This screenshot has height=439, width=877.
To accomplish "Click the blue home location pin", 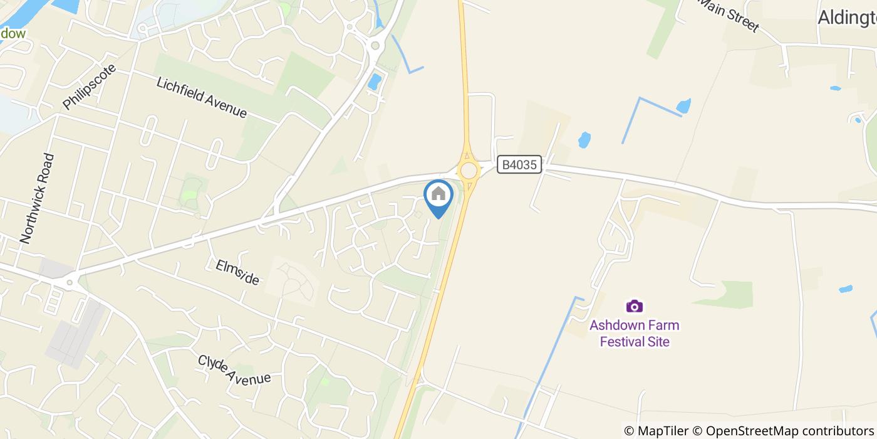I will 438,198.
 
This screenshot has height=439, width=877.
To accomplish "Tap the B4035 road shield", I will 519,165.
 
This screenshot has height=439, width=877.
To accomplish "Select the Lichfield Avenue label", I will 202,97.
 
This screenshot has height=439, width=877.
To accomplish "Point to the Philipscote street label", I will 90,87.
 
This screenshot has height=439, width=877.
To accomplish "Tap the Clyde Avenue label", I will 234,369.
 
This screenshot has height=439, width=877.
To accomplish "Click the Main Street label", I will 728,15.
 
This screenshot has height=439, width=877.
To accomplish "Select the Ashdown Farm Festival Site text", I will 635,333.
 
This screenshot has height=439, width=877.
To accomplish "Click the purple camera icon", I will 635,306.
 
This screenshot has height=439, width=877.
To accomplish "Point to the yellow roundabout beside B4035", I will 469,170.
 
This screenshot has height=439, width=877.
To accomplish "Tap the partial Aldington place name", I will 846,18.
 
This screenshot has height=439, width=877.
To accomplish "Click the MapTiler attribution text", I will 656,431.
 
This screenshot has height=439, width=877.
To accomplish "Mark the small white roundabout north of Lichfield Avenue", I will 376,45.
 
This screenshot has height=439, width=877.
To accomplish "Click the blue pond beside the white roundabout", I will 375,82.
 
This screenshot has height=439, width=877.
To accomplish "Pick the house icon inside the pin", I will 438,194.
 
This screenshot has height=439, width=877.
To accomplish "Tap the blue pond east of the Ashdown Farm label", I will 846,289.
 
